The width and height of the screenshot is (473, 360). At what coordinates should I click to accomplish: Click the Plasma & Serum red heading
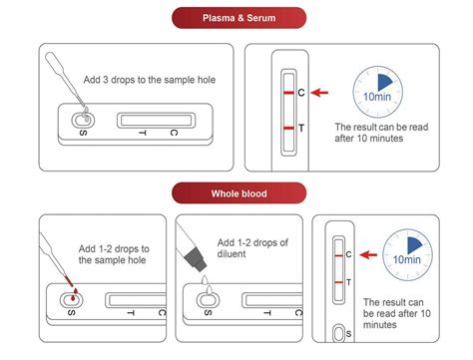click(236, 17)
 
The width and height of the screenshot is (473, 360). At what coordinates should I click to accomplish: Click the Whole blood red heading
click(236, 192)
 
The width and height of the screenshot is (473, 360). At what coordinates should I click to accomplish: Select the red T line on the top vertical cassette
click(287, 128)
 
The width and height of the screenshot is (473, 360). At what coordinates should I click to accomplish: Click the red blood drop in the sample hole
click(71, 297)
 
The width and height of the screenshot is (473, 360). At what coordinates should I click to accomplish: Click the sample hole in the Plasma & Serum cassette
click(81, 121)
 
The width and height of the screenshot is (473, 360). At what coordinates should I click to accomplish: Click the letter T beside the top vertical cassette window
click(301, 128)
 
